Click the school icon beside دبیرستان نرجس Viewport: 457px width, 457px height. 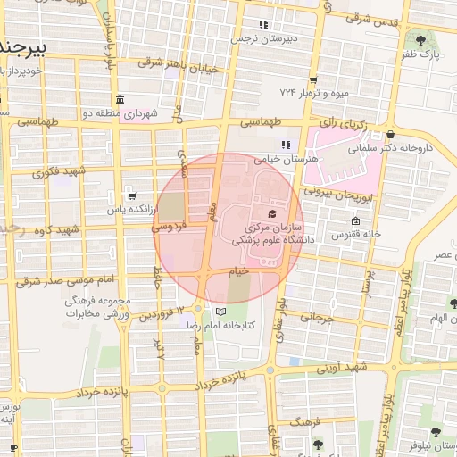click(x=262, y=24)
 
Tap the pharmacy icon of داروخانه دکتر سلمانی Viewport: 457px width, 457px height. click(x=391, y=135)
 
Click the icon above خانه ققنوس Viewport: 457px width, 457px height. click(x=355, y=221)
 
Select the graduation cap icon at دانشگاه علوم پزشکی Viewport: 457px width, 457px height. click(x=271, y=213)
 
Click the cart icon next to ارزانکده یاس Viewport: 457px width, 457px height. click(x=132, y=195)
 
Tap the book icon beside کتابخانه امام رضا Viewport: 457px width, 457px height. click(x=220, y=312)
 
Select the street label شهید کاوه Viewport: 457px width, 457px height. click(x=54, y=230)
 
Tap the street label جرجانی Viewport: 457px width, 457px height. click(x=317, y=316)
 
